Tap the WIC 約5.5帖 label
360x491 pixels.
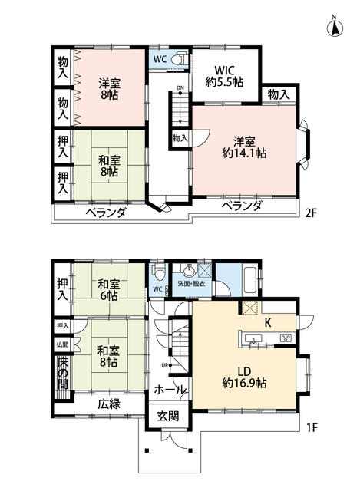tap(224, 76)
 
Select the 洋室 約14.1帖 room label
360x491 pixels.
tap(244, 147)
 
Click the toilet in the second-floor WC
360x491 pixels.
tap(181, 58)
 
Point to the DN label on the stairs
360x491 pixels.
tap(180, 87)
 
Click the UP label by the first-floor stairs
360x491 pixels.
tap(164, 365)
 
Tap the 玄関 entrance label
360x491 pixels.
tap(168, 417)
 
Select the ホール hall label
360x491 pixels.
tap(170, 390)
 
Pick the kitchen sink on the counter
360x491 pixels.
tap(253, 339)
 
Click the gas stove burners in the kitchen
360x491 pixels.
tap(286, 338)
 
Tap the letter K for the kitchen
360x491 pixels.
tap(268, 323)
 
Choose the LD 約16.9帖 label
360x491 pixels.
tap(244, 377)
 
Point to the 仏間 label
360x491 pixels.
tap(62, 344)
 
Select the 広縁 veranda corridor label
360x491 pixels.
tap(109, 404)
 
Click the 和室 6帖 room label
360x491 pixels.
tap(109, 290)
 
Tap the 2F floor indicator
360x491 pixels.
tap(311, 213)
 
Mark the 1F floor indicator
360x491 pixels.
tap(312, 427)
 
